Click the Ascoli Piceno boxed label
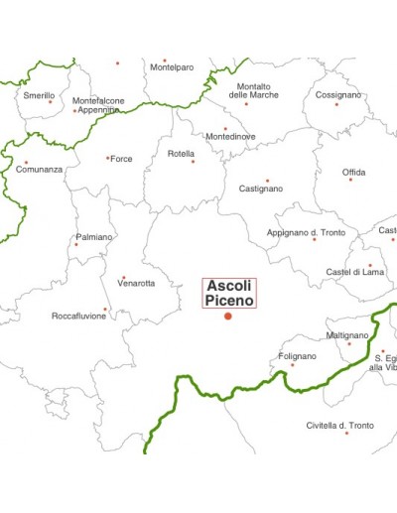point(229,293)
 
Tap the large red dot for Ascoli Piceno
point(228,316)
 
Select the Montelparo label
point(172,67)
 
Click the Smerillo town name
point(39,95)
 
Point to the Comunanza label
point(39,170)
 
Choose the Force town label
point(121,159)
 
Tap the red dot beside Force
point(107,158)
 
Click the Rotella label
point(181,154)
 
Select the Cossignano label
point(338,95)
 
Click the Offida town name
point(353,173)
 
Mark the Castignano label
point(261,189)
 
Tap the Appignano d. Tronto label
point(306,232)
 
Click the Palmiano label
point(94,237)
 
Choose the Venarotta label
point(136,284)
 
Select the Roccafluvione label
point(78,317)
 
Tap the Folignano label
point(298,356)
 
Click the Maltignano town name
point(347,335)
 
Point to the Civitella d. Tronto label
point(340,425)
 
